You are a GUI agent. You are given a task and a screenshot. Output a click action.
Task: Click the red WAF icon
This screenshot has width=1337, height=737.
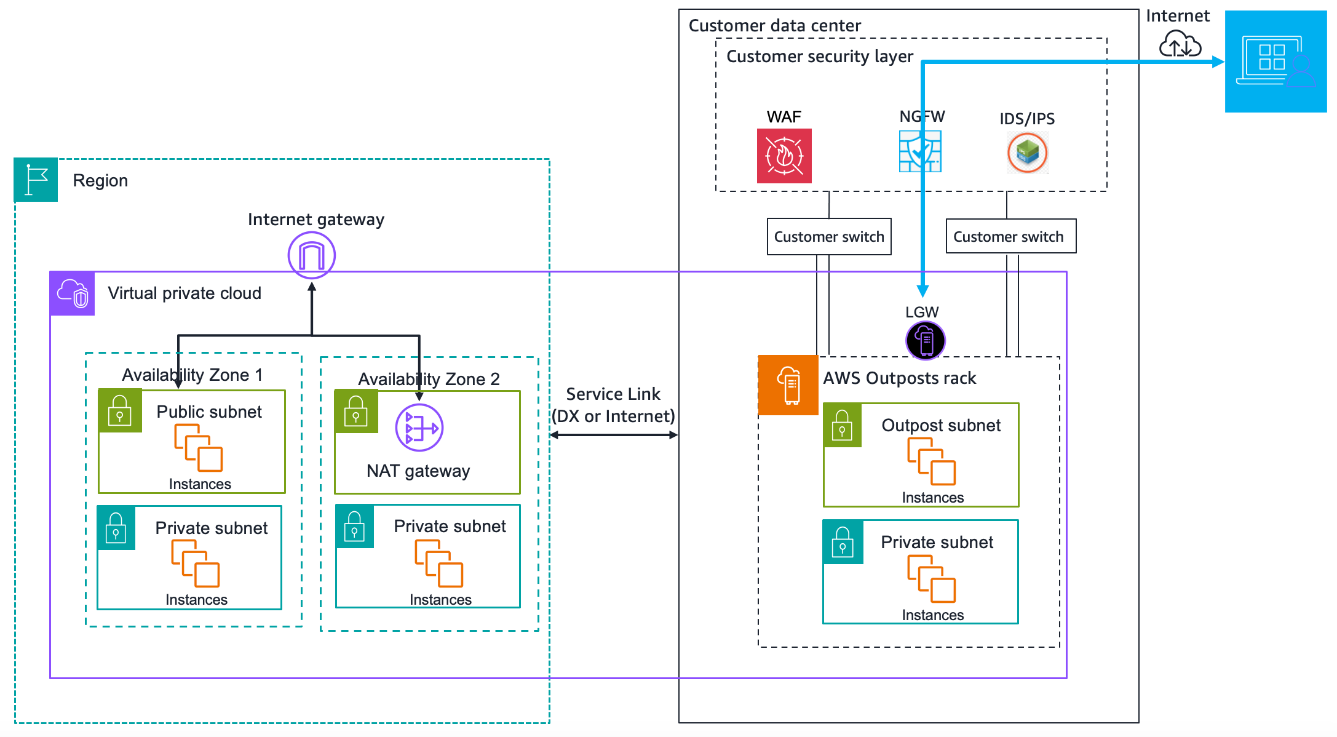[784, 156]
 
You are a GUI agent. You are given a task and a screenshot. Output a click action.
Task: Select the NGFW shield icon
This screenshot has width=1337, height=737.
[920, 151]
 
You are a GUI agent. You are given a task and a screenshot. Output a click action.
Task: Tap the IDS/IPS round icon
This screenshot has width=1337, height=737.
[1027, 153]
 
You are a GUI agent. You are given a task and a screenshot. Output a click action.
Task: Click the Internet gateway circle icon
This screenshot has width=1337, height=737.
[312, 255]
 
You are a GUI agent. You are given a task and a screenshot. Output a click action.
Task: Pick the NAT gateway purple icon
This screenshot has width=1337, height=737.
[419, 428]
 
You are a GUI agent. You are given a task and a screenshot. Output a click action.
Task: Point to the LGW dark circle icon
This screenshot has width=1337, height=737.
[925, 340]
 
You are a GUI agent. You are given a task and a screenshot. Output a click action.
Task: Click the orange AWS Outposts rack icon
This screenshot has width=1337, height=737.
[788, 385]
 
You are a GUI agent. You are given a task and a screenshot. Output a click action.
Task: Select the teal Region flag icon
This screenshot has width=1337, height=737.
[36, 180]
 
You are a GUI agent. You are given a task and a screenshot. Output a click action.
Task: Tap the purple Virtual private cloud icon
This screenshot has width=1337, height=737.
[73, 293]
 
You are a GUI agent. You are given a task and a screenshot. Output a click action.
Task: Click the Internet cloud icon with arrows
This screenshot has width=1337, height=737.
[1180, 45]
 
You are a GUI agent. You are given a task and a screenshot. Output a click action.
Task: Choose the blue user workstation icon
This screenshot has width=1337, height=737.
[1276, 62]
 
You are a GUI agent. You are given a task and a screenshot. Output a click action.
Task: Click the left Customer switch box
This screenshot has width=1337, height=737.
[829, 236]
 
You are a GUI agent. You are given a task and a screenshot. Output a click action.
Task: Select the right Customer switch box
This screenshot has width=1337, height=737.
[1010, 236]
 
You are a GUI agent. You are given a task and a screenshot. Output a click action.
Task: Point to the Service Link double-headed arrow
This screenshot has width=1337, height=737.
[613, 435]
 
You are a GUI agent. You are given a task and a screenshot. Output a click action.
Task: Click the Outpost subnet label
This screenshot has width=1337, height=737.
[941, 425]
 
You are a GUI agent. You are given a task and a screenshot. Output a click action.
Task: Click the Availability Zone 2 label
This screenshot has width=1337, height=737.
[429, 379]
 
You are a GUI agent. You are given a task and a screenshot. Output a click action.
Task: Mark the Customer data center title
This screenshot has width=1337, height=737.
[774, 26]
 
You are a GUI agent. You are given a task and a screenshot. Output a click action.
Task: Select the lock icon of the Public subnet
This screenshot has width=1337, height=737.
[120, 411]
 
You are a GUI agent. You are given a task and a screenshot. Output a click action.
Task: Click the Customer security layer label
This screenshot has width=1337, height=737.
[819, 57]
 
